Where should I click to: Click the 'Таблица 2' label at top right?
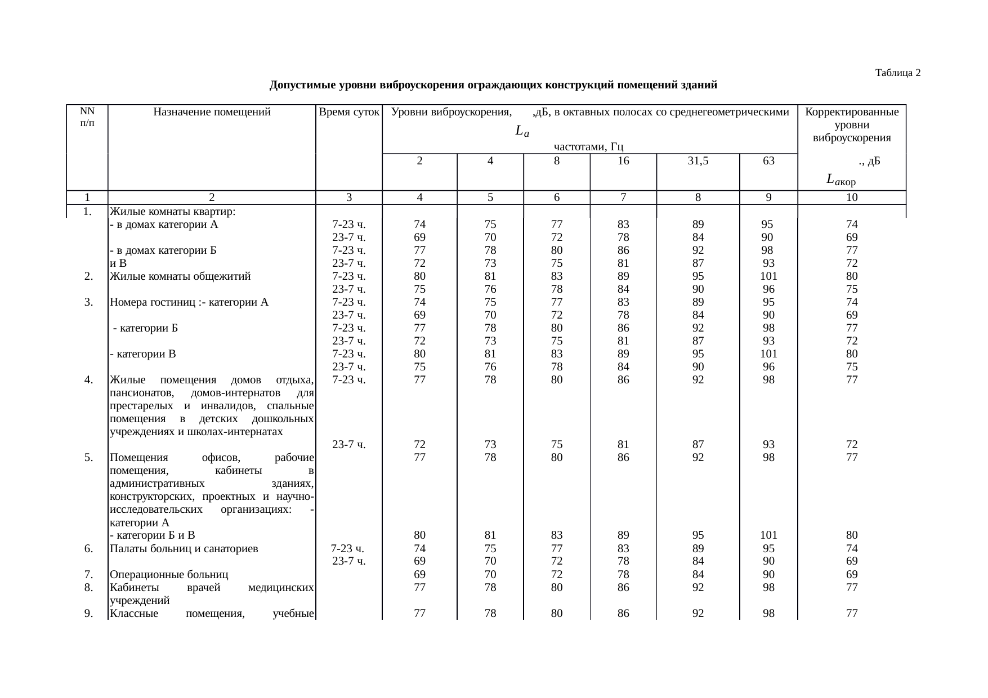(897, 73)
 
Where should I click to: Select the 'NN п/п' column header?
(87, 117)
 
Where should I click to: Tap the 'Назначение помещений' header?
(212, 112)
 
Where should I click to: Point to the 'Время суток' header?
(349, 112)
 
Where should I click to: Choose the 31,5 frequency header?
(698, 161)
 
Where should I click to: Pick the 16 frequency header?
(623, 161)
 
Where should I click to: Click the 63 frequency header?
(768, 161)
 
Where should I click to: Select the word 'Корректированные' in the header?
(852, 112)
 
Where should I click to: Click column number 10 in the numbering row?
(852, 198)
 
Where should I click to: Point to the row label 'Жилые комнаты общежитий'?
(180, 276)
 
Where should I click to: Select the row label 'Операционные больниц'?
(169, 575)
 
